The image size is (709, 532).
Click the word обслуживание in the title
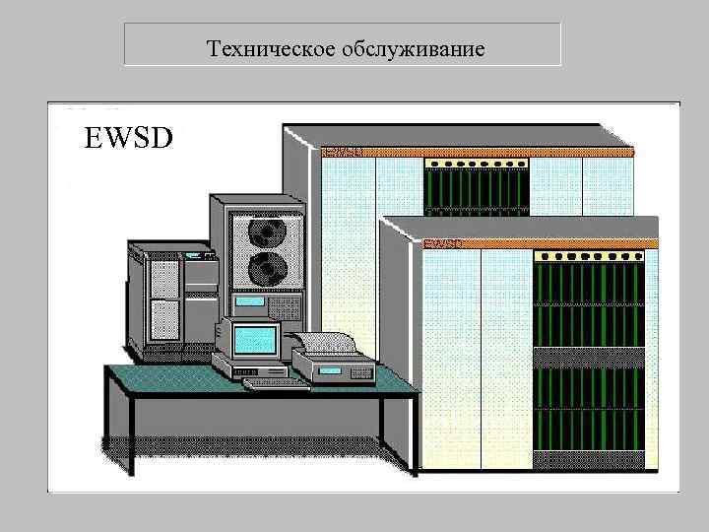pyautogui.click(x=414, y=47)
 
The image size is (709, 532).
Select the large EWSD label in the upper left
pyautogui.click(x=128, y=136)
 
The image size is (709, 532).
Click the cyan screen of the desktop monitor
pyautogui.click(x=254, y=341)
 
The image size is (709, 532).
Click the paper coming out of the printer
pyautogui.click(x=325, y=342)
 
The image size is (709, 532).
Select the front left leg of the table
pyautogui.click(x=119, y=433)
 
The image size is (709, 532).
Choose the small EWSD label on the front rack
pyautogui.click(x=443, y=242)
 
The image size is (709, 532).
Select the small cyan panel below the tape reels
pyautogui.click(x=254, y=303)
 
